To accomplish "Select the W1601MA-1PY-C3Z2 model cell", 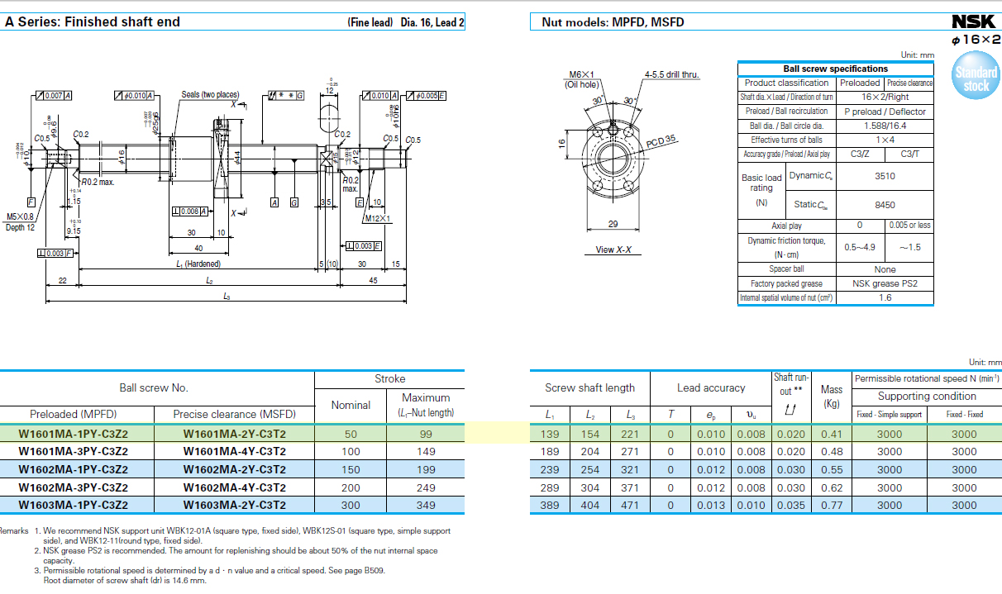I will (x=74, y=433).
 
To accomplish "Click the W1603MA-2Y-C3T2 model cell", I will (x=234, y=505).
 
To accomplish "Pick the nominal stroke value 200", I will (x=351, y=487).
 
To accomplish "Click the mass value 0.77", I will (x=832, y=505).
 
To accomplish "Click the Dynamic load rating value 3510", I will (x=885, y=176).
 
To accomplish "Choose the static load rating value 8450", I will (x=885, y=205).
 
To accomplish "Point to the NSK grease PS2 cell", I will (x=885, y=283).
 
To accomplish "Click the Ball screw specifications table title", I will (x=835, y=69).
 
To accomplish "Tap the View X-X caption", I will (x=613, y=249).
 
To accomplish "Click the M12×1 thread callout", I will (x=378, y=219).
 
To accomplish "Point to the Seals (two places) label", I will (x=210, y=94).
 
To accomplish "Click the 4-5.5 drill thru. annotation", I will (x=671, y=75).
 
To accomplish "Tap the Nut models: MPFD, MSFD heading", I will (x=613, y=22).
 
